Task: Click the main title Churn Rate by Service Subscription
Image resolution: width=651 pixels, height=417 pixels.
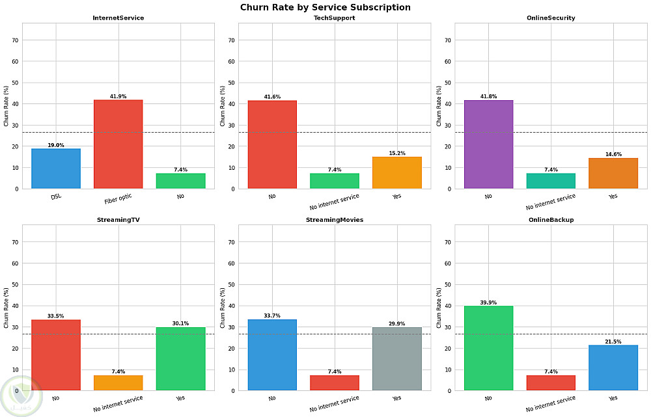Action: [325, 7]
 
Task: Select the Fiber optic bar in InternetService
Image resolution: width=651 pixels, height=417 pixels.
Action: [118, 144]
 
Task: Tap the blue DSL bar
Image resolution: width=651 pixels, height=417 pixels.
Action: [56, 168]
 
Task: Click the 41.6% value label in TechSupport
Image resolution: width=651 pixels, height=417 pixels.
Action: [272, 97]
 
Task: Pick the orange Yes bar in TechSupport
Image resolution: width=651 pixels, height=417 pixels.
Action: [397, 172]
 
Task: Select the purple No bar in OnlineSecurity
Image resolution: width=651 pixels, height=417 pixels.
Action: [489, 144]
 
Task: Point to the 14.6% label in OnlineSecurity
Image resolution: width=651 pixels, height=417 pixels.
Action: [613, 154]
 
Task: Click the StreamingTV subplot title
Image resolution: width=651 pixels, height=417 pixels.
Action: [118, 220]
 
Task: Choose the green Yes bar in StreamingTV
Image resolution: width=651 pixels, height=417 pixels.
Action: [180, 359]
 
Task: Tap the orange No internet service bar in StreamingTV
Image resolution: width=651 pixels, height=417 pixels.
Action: [118, 383]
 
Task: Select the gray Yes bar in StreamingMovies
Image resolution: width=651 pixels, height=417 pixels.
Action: [397, 359]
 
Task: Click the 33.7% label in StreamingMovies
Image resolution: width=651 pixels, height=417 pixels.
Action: [272, 316]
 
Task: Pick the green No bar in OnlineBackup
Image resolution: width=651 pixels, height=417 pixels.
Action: [489, 348]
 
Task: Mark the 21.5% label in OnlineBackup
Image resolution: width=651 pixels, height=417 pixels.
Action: [613, 342]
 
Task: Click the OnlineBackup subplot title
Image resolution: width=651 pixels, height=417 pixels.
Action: [551, 220]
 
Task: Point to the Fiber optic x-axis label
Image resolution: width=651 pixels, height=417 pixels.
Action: [118, 199]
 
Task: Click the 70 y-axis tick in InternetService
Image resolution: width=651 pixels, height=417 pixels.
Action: [16, 40]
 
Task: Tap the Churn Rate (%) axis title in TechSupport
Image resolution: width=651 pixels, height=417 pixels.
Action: [223, 106]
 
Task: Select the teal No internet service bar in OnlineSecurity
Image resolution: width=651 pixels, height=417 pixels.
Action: [551, 181]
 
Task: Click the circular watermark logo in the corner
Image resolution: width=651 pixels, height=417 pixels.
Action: [21, 397]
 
